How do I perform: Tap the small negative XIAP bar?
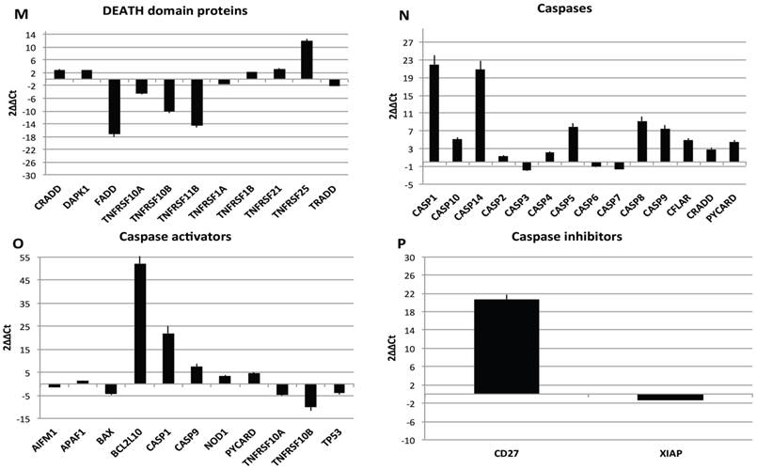coord(670,398)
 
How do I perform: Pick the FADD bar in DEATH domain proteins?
coord(114,107)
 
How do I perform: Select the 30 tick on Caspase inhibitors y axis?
coord(407,257)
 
